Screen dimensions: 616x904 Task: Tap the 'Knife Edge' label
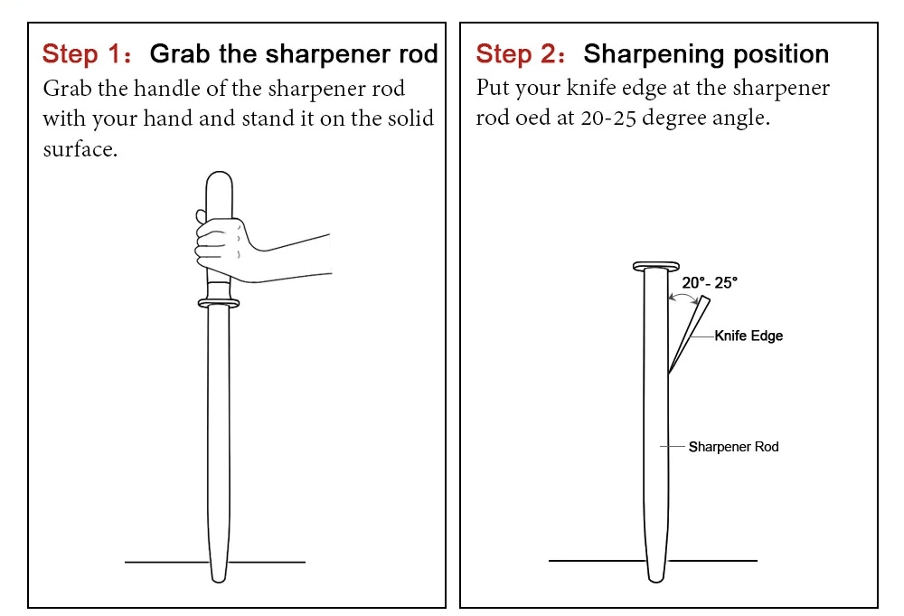click(x=749, y=336)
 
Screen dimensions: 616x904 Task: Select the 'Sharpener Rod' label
click(x=733, y=447)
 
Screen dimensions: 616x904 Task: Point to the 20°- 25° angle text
click(x=710, y=283)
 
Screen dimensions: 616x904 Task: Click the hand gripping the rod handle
click(x=221, y=247)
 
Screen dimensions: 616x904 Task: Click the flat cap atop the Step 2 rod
click(x=655, y=266)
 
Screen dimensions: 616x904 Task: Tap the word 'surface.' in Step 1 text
click(x=80, y=149)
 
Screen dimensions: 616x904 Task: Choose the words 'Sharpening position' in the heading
click(x=706, y=54)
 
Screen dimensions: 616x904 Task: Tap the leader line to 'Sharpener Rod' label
click(x=673, y=447)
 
